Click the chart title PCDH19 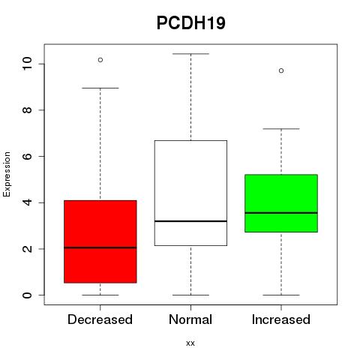click(x=191, y=23)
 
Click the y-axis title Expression click(x=7, y=174)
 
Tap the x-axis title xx click(x=190, y=343)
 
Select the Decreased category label click(x=100, y=319)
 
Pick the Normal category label click(x=190, y=319)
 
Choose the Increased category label click(x=281, y=319)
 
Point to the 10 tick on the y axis click(x=27, y=64)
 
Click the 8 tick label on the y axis click(x=27, y=110)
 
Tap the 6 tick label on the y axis click(x=27, y=156)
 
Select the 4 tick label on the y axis click(x=27, y=202)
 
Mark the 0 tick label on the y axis click(x=27, y=295)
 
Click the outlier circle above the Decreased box click(x=100, y=60)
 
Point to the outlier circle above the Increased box click(x=281, y=70)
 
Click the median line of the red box click(x=100, y=247)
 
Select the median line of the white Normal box click(x=190, y=221)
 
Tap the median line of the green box click(x=281, y=213)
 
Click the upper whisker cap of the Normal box click(x=190, y=54)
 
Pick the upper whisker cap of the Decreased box click(x=100, y=88)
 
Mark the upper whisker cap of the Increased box click(x=281, y=129)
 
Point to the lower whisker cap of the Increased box click(x=281, y=295)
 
